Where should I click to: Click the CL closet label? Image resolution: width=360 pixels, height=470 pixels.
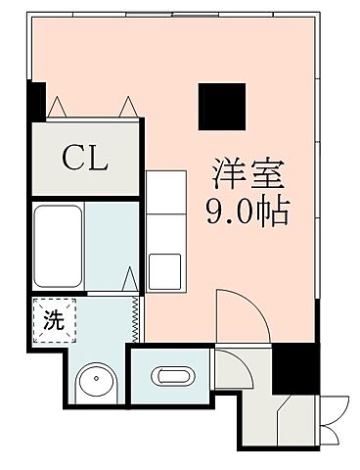tap(85, 157)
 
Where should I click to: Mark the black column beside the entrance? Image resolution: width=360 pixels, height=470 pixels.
tap(292, 368)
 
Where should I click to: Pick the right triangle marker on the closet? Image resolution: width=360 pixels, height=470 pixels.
tap(127, 105)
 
